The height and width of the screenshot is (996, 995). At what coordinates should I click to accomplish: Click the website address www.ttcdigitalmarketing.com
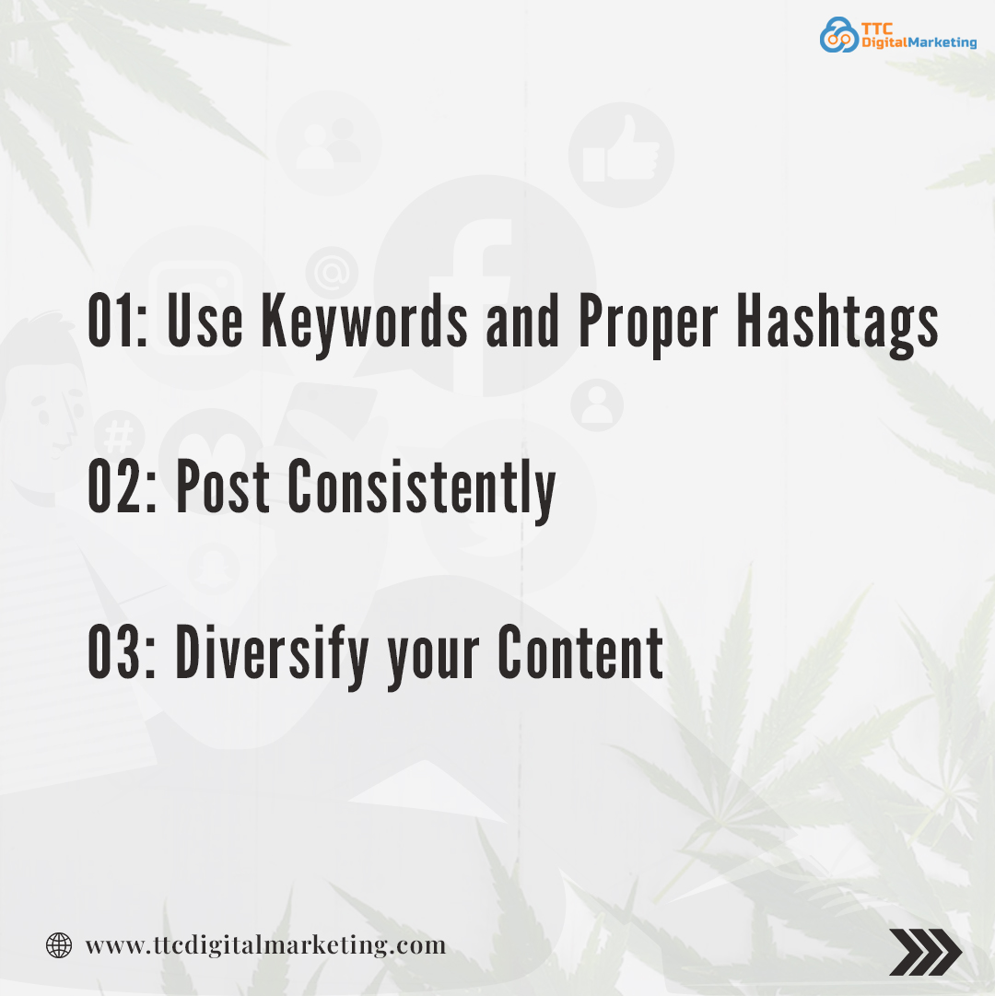(x=265, y=944)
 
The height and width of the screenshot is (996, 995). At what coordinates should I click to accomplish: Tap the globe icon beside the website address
(x=59, y=944)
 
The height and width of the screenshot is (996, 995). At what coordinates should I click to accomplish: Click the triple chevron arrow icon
(x=925, y=952)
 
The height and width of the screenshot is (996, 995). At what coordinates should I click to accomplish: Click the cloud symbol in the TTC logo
(x=837, y=35)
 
